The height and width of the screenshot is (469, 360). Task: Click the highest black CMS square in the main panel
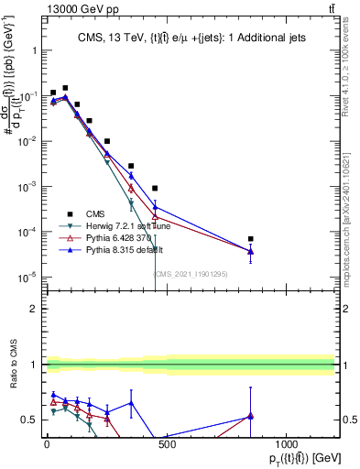pos(65,88)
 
